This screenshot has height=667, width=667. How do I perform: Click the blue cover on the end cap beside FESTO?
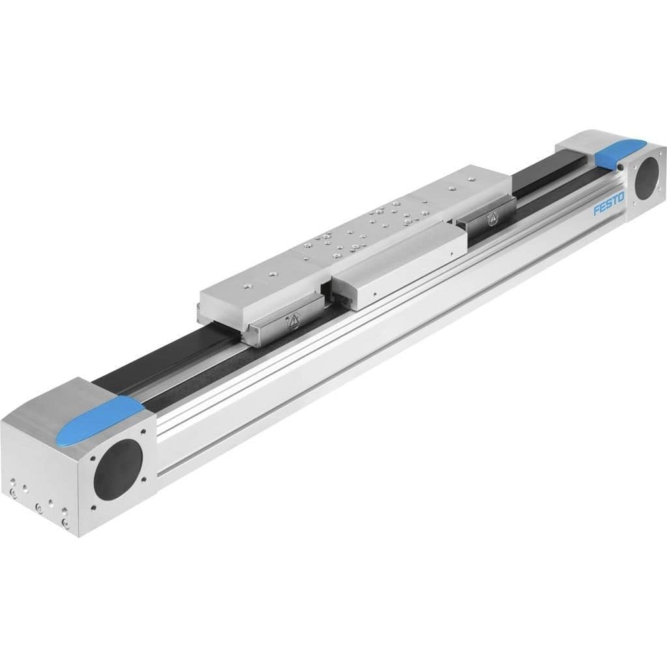coord(617,153)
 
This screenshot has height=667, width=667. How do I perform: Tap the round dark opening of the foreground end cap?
coord(117,465)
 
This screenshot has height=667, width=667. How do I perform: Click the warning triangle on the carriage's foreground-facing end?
coord(292,319)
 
